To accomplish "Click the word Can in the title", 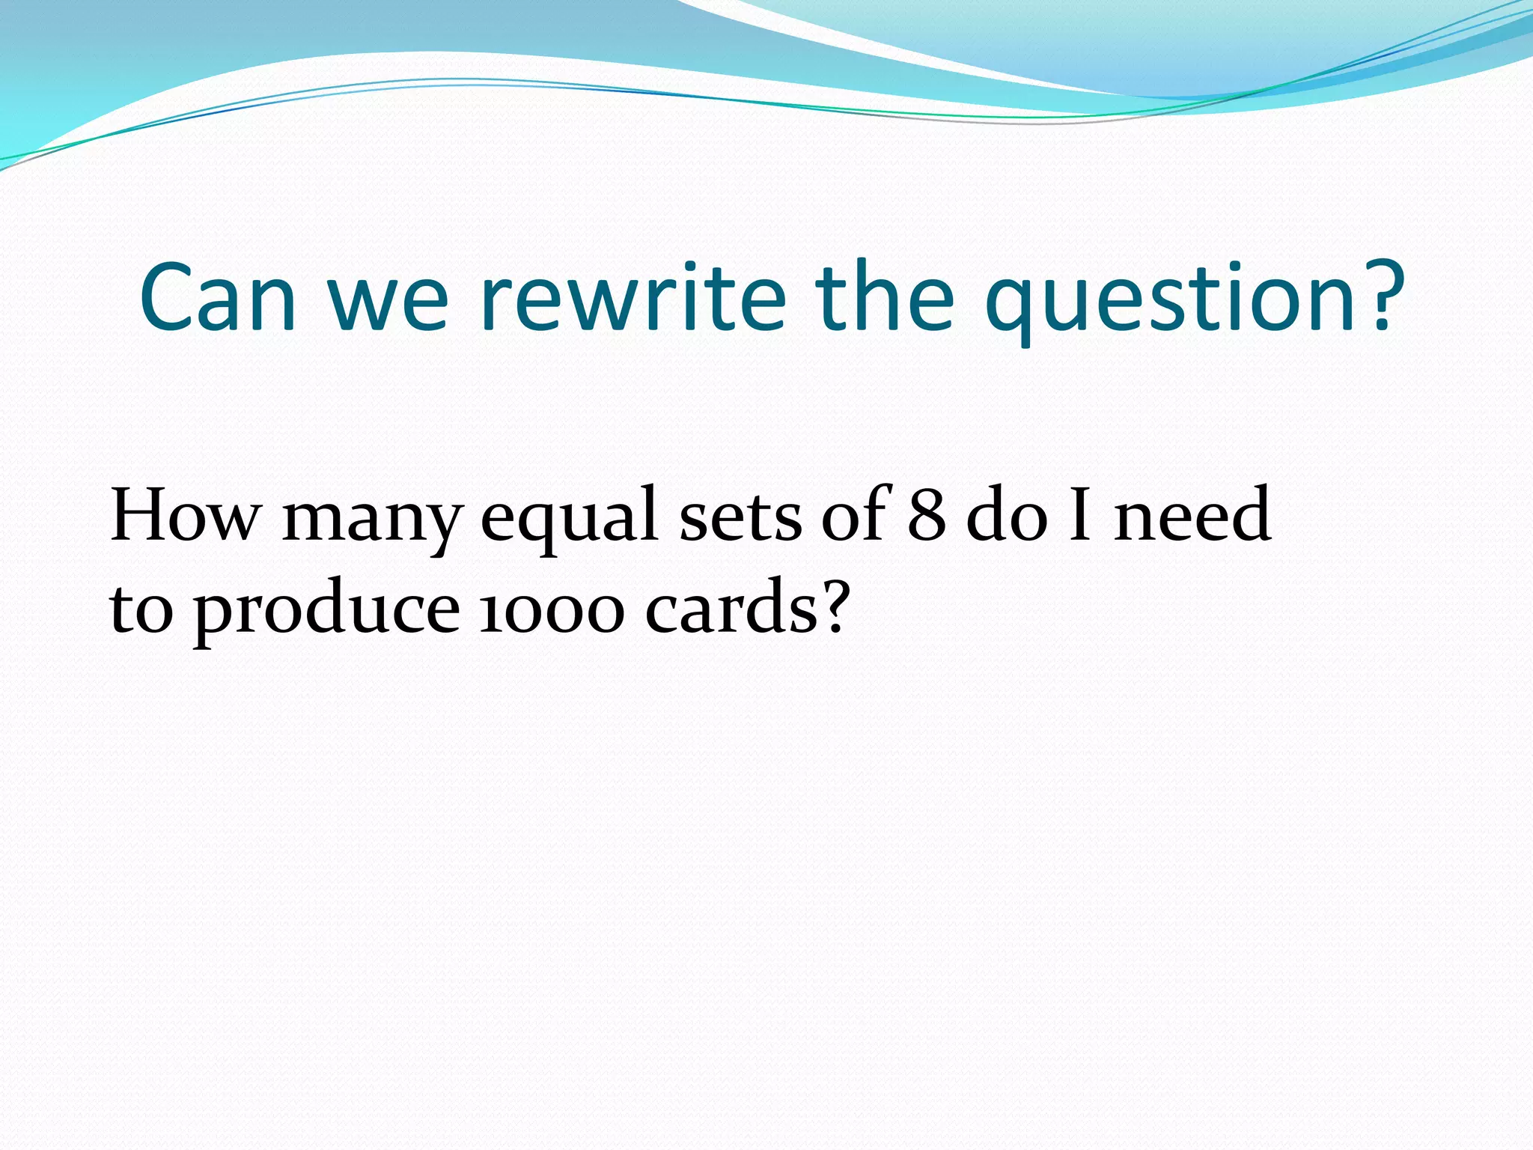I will click(x=218, y=297).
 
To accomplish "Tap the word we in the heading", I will click(x=388, y=303).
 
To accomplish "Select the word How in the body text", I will click(x=186, y=515).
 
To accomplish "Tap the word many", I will click(x=372, y=520).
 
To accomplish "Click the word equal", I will click(x=569, y=520).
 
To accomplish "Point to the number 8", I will click(x=927, y=515).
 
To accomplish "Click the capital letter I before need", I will click(x=1079, y=515).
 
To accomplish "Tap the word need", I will click(x=1192, y=515).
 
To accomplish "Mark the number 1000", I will click(x=551, y=610).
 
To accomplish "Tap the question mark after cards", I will click(x=834, y=606).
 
